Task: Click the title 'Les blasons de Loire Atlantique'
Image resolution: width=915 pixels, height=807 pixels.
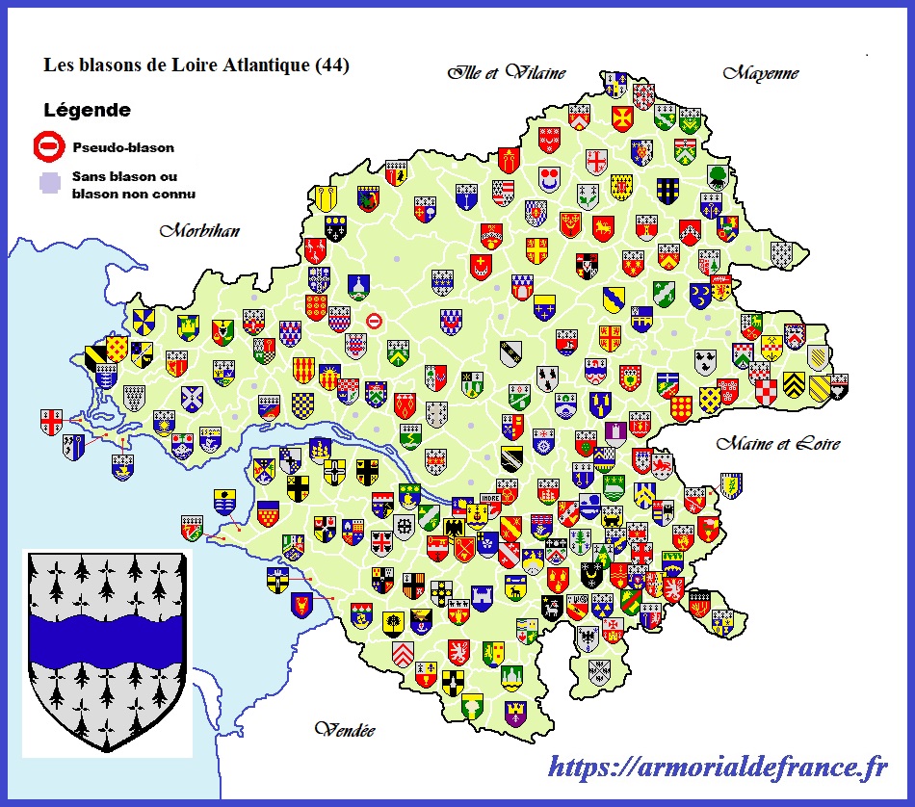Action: point(178,65)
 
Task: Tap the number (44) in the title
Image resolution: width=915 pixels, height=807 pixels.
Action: point(330,65)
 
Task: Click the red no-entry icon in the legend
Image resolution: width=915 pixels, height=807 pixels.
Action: point(48,147)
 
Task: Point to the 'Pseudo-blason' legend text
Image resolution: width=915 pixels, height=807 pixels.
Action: point(123,148)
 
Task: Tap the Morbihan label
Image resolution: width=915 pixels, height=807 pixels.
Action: point(199,231)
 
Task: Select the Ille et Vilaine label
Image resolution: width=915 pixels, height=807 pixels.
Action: point(506,72)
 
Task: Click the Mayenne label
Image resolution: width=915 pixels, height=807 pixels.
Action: point(761,72)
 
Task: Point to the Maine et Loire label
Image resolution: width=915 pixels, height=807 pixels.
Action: point(778,443)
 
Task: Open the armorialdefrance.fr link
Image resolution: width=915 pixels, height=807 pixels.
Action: point(718,768)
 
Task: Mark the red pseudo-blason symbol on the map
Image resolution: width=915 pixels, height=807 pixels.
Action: point(374,322)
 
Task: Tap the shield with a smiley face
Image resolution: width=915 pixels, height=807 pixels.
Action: point(550,178)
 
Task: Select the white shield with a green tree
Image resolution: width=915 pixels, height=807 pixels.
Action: point(718,176)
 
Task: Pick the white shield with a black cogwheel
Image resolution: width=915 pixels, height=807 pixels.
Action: point(405,526)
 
